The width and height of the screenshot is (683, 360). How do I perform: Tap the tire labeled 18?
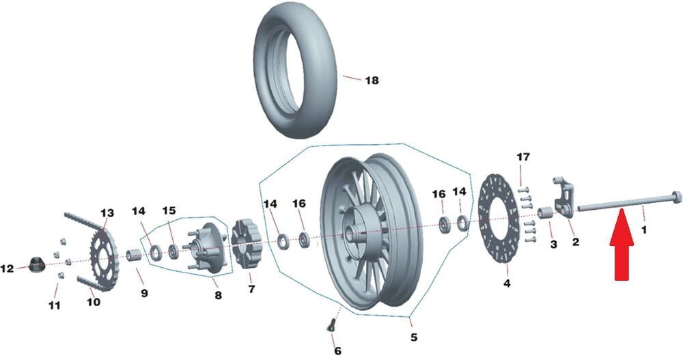[x=295, y=70]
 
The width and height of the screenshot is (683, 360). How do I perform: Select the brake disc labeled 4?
[x=499, y=219]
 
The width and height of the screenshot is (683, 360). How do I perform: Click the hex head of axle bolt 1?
[x=675, y=197]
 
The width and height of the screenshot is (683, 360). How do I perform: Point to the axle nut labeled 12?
[x=36, y=264]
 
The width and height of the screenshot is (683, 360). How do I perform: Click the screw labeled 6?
[x=331, y=325]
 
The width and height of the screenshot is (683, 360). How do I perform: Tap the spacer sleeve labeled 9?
[x=134, y=255]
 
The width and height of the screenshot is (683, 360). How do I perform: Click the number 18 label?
[x=372, y=81]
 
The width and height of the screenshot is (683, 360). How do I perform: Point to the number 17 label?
[x=523, y=157]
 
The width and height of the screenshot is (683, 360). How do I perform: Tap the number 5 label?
[x=414, y=337]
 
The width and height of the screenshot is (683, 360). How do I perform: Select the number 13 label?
[x=107, y=213]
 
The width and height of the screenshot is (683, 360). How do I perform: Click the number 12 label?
[x=7, y=269]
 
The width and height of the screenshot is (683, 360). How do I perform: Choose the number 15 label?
[x=169, y=210]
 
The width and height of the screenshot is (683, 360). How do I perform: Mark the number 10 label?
[x=94, y=302]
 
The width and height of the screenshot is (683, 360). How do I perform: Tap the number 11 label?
[x=55, y=305]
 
